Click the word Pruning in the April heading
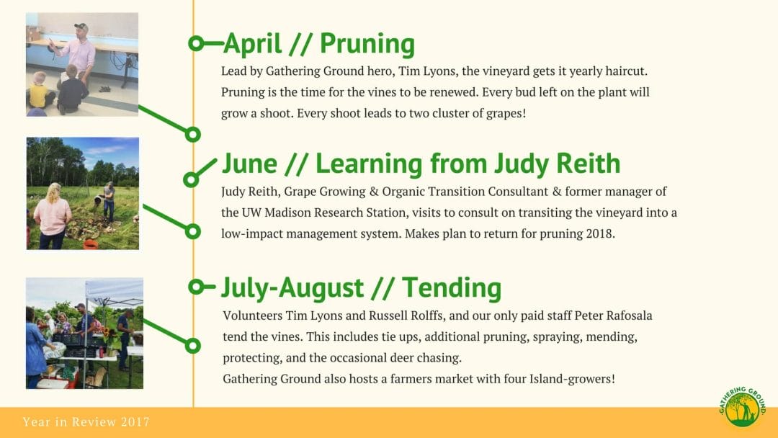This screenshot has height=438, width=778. coord(367,45)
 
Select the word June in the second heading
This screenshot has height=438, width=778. coord(249,164)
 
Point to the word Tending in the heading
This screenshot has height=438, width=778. coord(452,287)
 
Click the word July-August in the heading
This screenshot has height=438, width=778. coord(292,289)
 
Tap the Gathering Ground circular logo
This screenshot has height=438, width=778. coord(742,407)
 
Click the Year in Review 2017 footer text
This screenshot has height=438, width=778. coord(86,421)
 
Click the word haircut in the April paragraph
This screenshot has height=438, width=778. coord(624,71)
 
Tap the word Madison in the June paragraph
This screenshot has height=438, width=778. coord(287,213)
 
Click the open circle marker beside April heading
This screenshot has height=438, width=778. coord(196,44)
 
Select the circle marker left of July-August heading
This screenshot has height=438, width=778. coord(197,286)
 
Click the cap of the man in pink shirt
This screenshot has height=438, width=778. coord(81,27)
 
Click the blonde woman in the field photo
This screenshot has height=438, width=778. coord(52,216)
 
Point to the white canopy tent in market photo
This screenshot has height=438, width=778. coord(115,290)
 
